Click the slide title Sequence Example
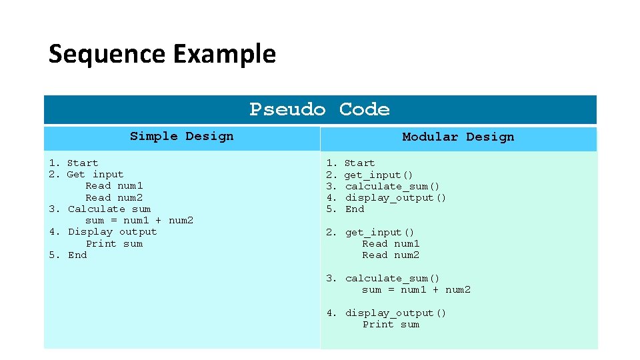[x=162, y=53]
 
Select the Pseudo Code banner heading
[x=319, y=109]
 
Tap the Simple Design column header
[x=181, y=137]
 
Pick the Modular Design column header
[x=458, y=137]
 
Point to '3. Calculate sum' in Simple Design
[x=100, y=209]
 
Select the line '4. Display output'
[x=103, y=232]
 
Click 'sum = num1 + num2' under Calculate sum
[x=139, y=221]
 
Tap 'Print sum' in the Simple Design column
[x=114, y=244]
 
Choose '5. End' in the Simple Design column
[x=68, y=255]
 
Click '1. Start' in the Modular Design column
[x=350, y=163]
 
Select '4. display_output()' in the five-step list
[x=386, y=198]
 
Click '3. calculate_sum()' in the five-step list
[x=383, y=187]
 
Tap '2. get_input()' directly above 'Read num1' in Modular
[x=370, y=233]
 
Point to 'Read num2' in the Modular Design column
[x=391, y=255]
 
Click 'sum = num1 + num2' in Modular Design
[x=416, y=290]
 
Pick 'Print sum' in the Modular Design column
[x=391, y=325]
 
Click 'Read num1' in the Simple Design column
[x=114, y=186]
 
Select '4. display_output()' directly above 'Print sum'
[x=386, y=313]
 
